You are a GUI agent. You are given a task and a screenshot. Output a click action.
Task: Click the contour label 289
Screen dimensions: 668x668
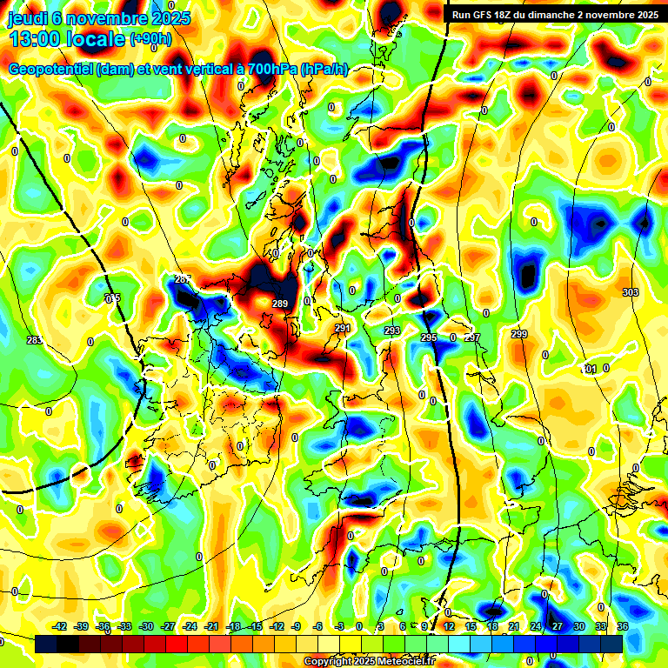(x=279, y=304)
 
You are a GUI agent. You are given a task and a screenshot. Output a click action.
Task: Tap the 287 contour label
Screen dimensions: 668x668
(x=183, y=279)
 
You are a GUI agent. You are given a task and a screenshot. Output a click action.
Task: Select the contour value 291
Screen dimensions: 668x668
(x=343, y=328)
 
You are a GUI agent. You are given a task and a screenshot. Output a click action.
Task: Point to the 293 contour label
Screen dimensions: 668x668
(x=392, y=331)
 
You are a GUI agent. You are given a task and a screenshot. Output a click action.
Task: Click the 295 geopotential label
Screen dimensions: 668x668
(x=429, y=337)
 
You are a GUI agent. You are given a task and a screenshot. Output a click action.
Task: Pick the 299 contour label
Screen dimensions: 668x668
(x=519, y=335)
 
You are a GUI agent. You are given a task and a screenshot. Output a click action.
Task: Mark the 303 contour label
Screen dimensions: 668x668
(x=631, y=292)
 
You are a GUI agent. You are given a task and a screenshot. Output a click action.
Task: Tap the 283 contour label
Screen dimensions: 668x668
(x=34, y=340)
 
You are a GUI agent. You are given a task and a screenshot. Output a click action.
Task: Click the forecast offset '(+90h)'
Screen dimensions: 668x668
(x=150, y=39)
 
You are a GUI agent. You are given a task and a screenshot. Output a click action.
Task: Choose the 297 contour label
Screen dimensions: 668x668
(x=472, y=337)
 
